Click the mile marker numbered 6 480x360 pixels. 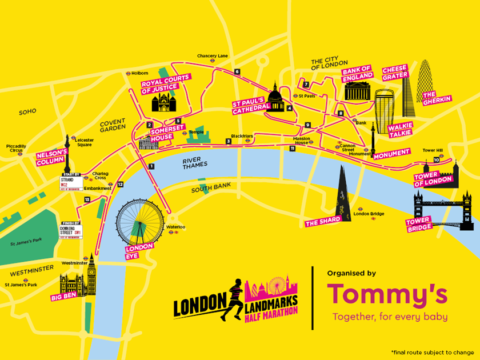tap(237, 71)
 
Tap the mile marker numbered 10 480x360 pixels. tap(436, 160)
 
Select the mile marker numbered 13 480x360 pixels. tap(87, 199)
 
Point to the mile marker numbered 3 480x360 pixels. tap(229, 141)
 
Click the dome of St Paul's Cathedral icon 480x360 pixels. tap(275, 95)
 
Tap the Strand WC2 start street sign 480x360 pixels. tap(71, 182)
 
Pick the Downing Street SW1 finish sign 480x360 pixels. tap(71, 231)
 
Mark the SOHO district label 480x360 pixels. tap(27, 112)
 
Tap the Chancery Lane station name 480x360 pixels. tap(212, 56)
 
